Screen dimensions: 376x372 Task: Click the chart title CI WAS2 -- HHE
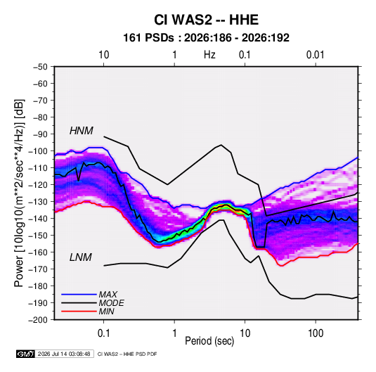tap(206, 20)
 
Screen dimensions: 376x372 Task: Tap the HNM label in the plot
tap(82, 131)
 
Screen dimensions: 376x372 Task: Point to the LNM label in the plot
tap(81, 257)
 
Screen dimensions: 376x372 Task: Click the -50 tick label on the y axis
tap(40, 67)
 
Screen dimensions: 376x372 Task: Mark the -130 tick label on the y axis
tap(38, 202)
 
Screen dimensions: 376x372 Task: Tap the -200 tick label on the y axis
tap(38, 320)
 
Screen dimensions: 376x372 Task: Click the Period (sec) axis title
tap(209, 341)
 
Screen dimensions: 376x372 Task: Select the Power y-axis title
tap(19, 193)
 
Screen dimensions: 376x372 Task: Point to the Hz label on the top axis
tap(209, 55)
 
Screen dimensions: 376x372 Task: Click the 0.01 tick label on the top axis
tap(316, 55)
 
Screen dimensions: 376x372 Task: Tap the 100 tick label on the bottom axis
tap(316, 333)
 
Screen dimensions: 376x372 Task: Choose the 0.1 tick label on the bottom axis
tap(103, 333)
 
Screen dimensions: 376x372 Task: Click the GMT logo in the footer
tap(25, 354)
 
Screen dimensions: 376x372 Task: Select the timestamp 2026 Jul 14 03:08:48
tap(64, 354)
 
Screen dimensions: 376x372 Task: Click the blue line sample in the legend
tap(79, 295)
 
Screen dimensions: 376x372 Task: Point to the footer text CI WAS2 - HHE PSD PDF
tap(127, 354)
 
